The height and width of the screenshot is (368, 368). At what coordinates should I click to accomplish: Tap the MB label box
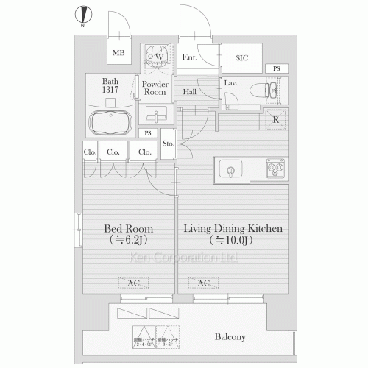tap(118, 53)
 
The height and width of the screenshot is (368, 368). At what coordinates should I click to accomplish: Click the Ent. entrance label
tap(188, 57)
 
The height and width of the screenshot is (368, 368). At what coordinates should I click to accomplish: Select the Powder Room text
tap(155, 89)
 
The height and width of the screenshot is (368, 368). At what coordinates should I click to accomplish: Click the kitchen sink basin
tap(230, 171)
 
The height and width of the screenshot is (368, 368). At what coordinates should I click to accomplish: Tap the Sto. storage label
tap(167, 144)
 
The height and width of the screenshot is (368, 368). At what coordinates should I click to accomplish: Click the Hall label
tap(189, 92)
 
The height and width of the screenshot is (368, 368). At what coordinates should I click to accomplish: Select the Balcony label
tap(230, 337)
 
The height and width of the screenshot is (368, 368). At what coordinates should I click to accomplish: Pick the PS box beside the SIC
tap(276, 69)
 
